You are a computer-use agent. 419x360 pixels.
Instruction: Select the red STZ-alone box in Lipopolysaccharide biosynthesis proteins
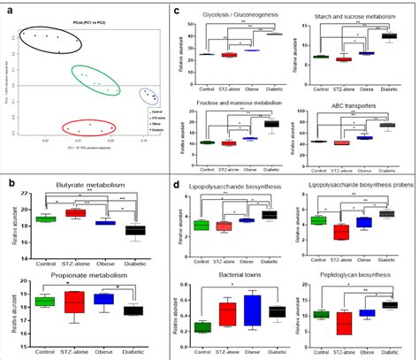[x=339, y=232]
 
